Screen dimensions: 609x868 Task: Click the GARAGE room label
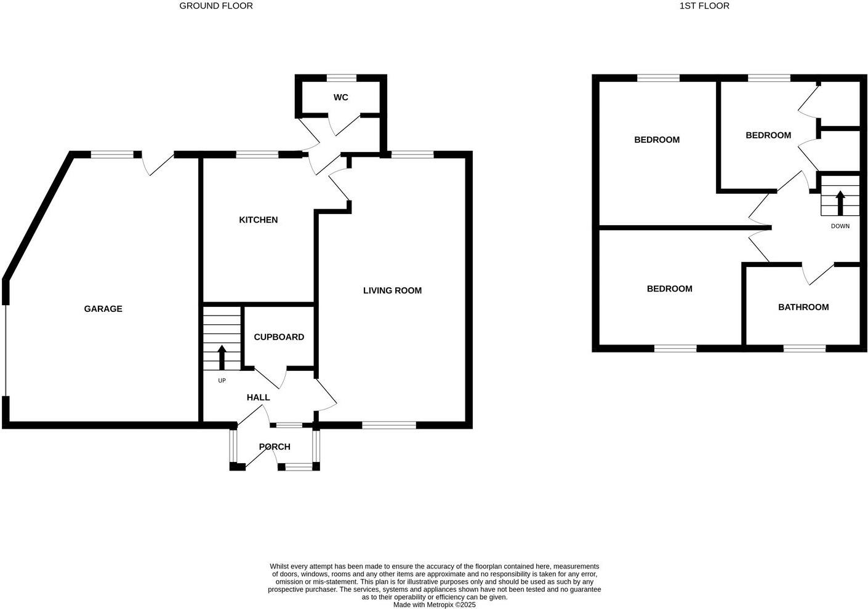click(x=103, y=309)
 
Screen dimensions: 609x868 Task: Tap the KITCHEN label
click(x=258, y=220)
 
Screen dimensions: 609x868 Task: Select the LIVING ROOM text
click(x=392, y=290)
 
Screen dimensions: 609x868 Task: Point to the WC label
click(x=341, y=97)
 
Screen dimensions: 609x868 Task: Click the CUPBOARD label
click(x=279, y=337)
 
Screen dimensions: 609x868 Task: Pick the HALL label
click(x=258, y=397)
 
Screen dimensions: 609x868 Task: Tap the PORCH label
click(x=275, y=447)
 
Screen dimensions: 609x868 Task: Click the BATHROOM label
click(x=803, y=307)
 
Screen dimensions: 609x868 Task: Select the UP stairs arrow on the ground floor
click(x=222, y=357)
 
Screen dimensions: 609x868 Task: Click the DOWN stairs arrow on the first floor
click(x=840, y=202)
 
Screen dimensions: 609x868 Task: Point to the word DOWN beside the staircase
click(x=840, y=226)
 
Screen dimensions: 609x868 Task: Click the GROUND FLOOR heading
click(x=215, y=6)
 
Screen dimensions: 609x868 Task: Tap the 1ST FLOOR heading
click(x=704, y=6)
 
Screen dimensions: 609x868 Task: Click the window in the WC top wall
click(x=341, y=78)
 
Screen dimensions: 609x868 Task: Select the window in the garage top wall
click(x=112, y=154)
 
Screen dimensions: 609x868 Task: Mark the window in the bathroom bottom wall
click(x=804, y=349)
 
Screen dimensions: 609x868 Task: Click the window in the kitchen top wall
click(x=257, y=154)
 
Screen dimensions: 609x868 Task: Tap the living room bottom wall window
click(x=389, y=424)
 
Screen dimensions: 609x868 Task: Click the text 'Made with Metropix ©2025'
click(x=434, y=605)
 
